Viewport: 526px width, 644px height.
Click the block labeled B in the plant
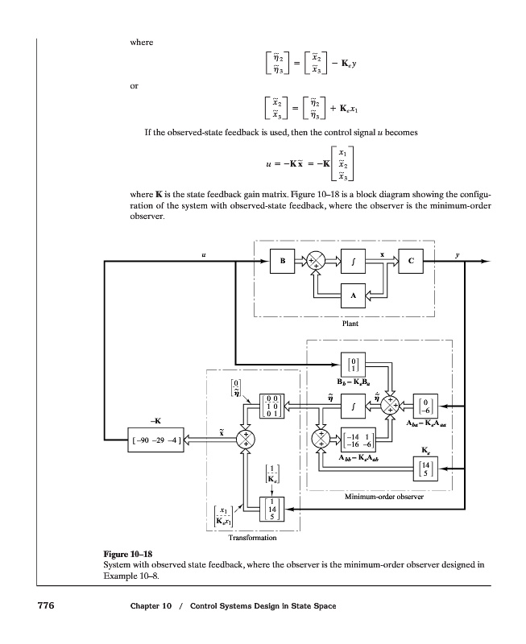click(x=282, y=262)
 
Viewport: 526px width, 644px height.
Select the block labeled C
click(x=410, y=262)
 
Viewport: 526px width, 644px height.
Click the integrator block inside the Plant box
click(x=351, y=262)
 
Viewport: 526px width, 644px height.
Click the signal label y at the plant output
click(x=456, y=254)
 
